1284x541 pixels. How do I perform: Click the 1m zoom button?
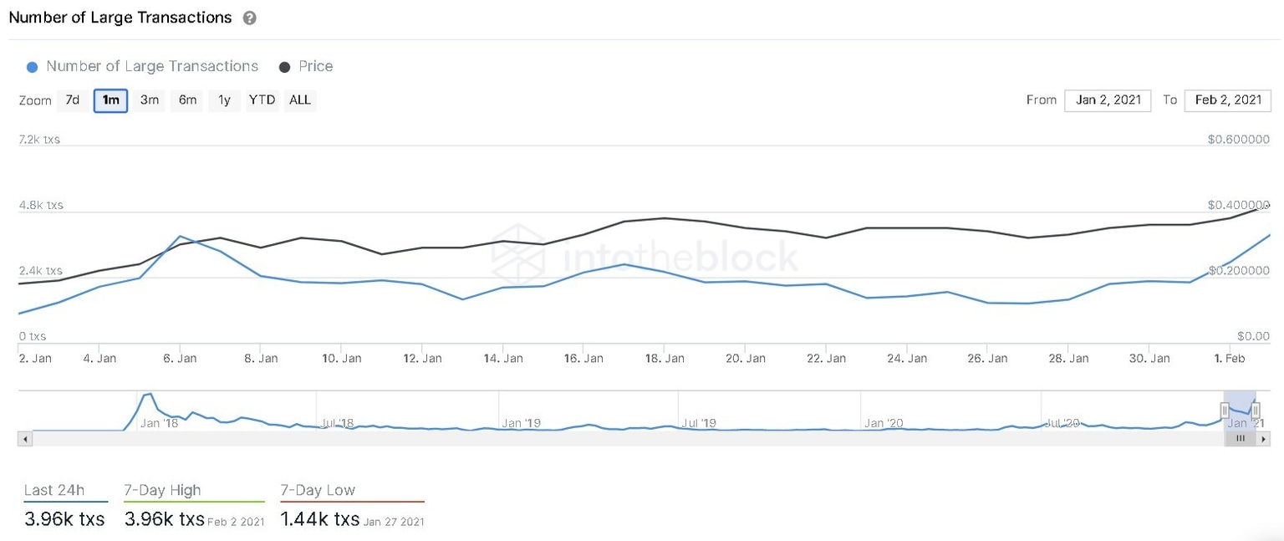click(x=110, y=100)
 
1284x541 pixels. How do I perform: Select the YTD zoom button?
click(x=262, y=100)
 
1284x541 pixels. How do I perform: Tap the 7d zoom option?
click(x=72, y=100)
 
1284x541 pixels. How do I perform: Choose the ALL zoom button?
click(x=299, y=100)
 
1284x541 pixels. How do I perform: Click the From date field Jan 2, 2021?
click(x=1108, y=100)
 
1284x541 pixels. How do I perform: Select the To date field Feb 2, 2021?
click(x=1227, y=100)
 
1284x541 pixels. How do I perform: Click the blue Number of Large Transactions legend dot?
click(x=32, y=67)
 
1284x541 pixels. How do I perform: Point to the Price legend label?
click(x=315, y=66)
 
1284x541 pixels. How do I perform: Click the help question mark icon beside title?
click(x=249, y=18)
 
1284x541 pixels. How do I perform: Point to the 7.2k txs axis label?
click(x=39, y=140)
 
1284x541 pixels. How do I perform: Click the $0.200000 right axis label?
click(x=1238, y=271)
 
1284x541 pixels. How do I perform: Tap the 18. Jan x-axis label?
click(x=664, y=358)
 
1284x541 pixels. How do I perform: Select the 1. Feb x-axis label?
click(x=1230, y=358)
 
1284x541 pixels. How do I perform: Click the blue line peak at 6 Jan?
click(x=180, y=237)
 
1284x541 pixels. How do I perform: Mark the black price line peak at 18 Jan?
click(x=664, y=218)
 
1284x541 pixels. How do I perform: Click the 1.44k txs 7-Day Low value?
click(x=319, y=519)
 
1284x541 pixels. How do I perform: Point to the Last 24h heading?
click(x=53, y=491)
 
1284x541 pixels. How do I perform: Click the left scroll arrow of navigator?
click(x=25, y=439)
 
